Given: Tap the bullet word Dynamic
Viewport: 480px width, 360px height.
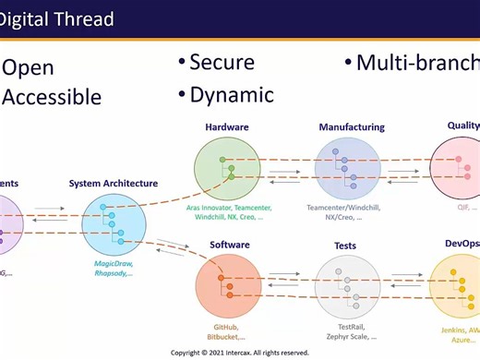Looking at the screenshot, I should [x=231, y=94].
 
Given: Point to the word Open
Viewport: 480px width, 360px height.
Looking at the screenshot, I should [x=30, y=67].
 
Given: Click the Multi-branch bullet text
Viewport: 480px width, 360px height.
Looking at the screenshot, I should [x=415, y=63].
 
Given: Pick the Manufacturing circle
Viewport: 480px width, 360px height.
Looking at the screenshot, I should [x=347, y=168].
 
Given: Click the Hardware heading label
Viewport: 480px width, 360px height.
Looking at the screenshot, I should [x=227, y=127].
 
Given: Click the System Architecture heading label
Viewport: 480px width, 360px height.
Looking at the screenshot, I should [x=114, y=184].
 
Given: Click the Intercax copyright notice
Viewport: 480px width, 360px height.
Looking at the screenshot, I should [x=240, y=353].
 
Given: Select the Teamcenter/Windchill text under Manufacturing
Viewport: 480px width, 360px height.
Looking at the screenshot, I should [x=350, y=213].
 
